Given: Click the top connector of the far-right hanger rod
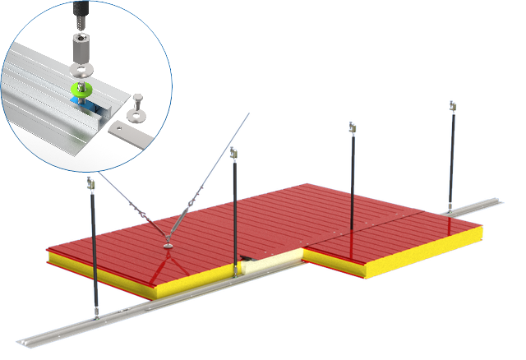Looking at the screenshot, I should coord(450,106).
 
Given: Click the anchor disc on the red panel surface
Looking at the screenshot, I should coord(168,244).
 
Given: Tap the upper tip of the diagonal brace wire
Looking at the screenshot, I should coord(251,114).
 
